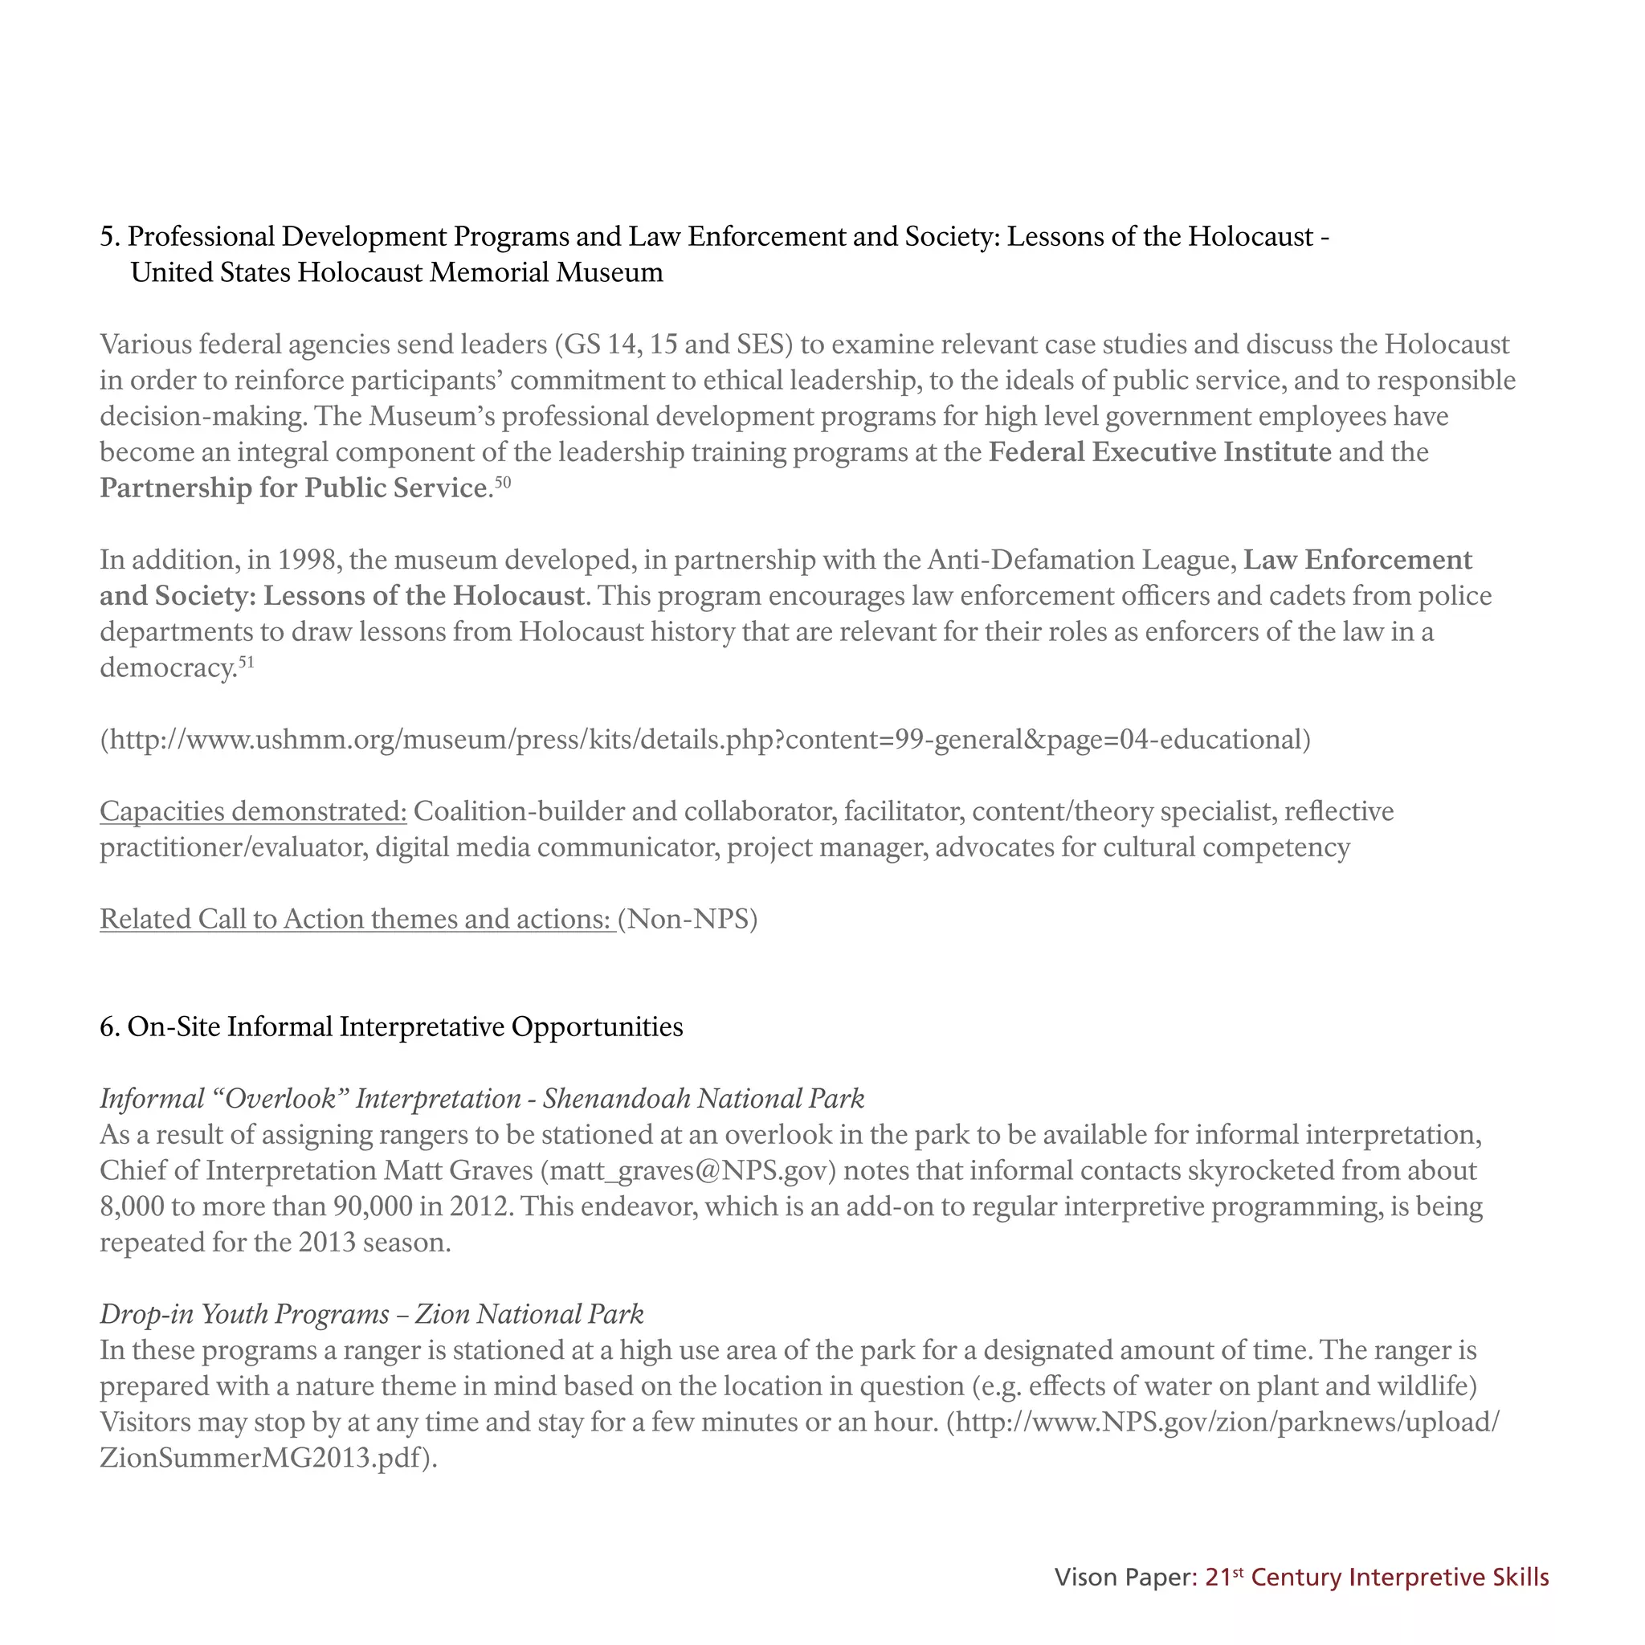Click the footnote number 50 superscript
502,483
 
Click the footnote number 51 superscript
245,663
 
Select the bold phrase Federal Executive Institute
1160,452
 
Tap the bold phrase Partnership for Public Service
294,488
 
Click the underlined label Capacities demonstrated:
253,811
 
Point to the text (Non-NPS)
688,920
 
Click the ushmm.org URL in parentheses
705,739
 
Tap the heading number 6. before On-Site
110,1027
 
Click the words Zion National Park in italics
529,1314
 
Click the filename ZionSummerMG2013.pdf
260,1458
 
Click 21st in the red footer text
1223,1578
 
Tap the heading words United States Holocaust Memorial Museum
397,272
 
